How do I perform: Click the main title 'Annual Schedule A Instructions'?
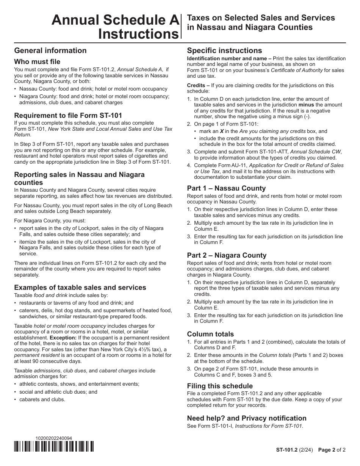(x=115, y=27)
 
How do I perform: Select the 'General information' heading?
(x=50, y=50)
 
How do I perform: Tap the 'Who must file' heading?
(x=37, y=61)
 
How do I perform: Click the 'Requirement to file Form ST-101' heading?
(x=68, y=115)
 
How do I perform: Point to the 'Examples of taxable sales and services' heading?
(x=80, y=287)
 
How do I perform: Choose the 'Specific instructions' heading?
(x=224, y=50)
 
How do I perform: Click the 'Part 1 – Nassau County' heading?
(x=226, y=188)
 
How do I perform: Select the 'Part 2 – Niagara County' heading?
(x=227, y=255)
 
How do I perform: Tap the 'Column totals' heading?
(x=210, y=334)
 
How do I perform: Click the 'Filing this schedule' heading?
(x=220, y=386)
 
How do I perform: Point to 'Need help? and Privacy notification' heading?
(x=247, y=418)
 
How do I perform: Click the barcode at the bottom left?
(x=54, y=447)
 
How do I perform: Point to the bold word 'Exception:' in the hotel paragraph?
(x=63, y=337)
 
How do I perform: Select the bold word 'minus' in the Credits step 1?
(x=306, y=105)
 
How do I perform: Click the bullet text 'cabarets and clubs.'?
(x=42, y=399)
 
